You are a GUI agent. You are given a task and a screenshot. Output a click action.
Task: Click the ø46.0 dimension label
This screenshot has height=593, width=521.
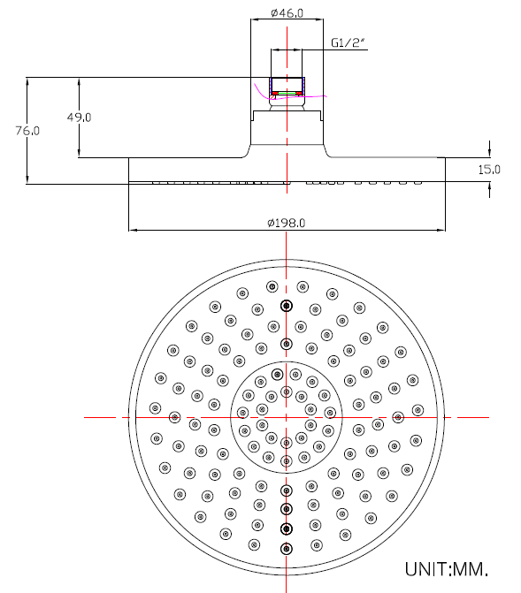[x=287, y=13]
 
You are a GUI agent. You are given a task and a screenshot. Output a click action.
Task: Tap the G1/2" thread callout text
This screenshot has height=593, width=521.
[x=348, y=42]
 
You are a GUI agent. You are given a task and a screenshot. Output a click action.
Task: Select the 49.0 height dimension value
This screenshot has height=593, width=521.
[x=79, y=118]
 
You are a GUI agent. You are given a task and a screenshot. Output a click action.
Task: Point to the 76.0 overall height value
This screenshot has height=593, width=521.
[x=27, y=131]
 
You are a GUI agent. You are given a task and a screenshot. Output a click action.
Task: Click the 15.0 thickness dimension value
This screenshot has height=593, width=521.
[x=489, y=170]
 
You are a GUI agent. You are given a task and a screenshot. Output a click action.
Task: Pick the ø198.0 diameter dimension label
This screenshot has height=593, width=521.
[x=287, y=223]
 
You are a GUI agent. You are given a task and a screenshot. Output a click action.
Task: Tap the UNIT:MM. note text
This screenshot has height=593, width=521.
[x=447, y=569]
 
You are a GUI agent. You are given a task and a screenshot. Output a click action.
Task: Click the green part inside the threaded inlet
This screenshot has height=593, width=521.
[x=287, y=93]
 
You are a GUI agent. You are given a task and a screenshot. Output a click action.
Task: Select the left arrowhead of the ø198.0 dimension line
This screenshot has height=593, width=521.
[x=132, y=230]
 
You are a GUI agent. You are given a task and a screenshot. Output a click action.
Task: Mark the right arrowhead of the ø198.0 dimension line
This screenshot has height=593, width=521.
[x=442, y=230]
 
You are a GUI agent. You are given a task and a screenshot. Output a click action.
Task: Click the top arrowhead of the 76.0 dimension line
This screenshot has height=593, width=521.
[x=27, y=81]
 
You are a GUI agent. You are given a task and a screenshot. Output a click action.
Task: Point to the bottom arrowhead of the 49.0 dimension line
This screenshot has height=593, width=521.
[x=79, y=154]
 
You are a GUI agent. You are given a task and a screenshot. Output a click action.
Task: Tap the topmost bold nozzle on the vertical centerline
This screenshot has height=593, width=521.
[x=287, y=306]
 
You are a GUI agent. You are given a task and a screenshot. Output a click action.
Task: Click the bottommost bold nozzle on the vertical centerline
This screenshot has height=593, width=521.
[x=287, y=549]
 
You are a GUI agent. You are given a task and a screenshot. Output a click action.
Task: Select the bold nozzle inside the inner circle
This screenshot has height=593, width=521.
[x=278, y=375]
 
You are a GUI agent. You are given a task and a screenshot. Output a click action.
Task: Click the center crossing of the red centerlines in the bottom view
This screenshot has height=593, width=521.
[x=287, y=417]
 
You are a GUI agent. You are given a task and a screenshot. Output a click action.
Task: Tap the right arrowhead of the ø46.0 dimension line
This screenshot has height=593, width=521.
[x=319, y=19]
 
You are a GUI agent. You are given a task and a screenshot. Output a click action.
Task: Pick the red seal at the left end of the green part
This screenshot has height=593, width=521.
[x=275, y=93]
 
